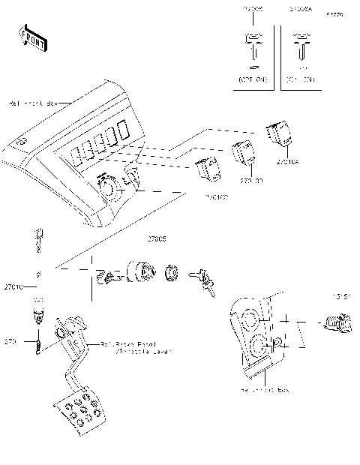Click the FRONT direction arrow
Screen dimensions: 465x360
pos(31,37)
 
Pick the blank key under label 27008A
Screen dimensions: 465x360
pos(301,46)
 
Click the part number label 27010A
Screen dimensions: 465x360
pos(287,161)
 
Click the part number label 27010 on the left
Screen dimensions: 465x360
pos(14,286)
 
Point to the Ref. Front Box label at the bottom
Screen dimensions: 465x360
pos(265,391)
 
